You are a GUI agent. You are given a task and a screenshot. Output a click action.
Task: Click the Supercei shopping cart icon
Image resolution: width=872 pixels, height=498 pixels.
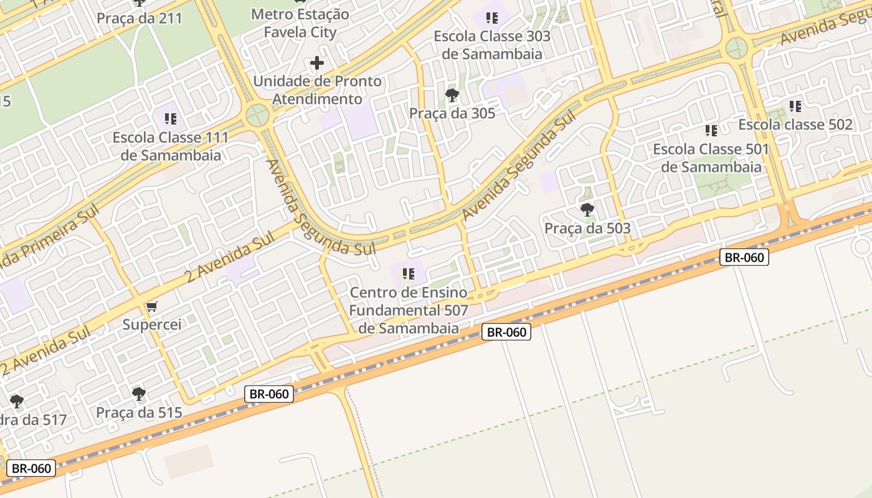(x=151, y=306)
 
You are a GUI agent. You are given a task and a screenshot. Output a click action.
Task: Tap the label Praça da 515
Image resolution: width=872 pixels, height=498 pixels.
(x=139, y=412)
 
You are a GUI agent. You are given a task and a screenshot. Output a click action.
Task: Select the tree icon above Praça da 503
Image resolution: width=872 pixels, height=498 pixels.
(x=587, y=210)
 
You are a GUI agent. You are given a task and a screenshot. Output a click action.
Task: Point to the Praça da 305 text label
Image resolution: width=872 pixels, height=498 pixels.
(x=452, y=113)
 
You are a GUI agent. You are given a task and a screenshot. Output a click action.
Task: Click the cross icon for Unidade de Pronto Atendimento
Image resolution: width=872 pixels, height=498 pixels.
(x=317, y=63)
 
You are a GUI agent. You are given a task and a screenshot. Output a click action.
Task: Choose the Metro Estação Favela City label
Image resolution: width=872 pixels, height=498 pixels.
(x=300, y=23)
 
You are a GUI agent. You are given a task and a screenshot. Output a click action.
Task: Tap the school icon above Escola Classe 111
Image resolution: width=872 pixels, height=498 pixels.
(x=171, y=118)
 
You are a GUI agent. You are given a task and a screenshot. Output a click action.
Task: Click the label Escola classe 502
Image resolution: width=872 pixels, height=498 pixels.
(x=795, y=125)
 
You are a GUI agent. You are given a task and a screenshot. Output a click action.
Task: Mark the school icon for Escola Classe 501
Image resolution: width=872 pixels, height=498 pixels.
(x=711, y=131)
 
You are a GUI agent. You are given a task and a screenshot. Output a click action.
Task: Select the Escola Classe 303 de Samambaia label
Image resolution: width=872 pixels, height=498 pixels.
(x=492, y=45)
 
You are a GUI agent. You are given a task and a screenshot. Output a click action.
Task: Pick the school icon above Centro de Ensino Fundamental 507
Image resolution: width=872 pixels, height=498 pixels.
(x=409, y=274)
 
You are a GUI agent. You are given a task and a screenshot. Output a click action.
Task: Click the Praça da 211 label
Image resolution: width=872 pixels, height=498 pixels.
(x=140, y=18)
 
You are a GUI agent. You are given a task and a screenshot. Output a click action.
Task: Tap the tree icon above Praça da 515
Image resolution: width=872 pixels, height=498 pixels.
(x=139, y=393)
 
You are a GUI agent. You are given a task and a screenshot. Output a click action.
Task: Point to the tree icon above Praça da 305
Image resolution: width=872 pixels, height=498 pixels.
(x=452, y=95)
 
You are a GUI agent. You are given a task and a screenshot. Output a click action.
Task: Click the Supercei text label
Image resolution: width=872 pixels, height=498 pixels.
(x=152, y=324)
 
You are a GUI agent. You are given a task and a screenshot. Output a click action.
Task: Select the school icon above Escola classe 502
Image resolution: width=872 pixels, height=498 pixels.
(x=795, y=106)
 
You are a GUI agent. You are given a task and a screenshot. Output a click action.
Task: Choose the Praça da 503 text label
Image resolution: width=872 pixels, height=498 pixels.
(x=587, y=228)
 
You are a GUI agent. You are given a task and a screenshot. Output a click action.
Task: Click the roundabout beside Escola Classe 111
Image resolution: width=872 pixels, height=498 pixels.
(x=257, y=115)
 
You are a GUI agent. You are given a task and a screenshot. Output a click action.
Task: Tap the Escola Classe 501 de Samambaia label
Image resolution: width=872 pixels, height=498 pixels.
(x=711, y=158)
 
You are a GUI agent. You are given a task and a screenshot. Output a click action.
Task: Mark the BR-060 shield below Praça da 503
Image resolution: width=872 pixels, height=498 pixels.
(x=744, y=257)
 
